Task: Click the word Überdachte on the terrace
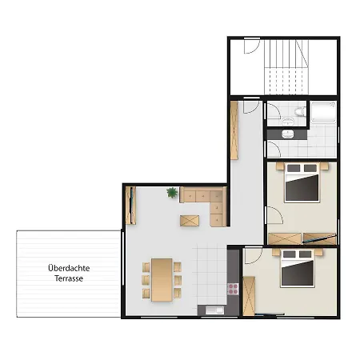tap(69, 268)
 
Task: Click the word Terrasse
tap(69, 278)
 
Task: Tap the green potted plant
tap(172, 192)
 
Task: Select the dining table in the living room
tap(162, 280)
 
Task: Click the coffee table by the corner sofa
tap(190, 221)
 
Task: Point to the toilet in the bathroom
tap(300, 111)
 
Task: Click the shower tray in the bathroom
tap(323, 112)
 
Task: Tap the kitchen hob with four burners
tap(233, 289)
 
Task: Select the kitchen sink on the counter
tap(214, 310)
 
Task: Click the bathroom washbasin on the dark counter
tap(288, 134)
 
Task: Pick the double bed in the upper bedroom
tap(302, 182)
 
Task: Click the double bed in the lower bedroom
tap(298, 268)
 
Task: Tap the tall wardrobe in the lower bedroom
tap(249, 296)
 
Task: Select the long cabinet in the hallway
tap(234, 130)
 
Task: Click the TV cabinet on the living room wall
tap(130, 206)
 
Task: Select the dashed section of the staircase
tap(286, 81)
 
